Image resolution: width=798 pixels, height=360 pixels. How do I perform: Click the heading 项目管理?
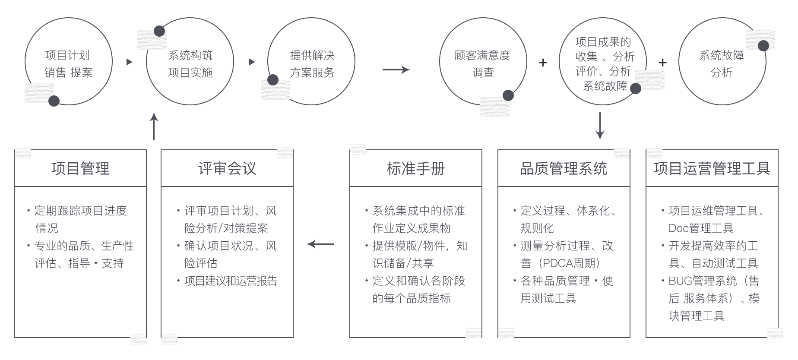(80, 168)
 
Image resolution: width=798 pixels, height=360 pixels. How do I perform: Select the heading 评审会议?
(227, 168)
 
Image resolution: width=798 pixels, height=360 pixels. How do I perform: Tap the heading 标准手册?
(415, 168)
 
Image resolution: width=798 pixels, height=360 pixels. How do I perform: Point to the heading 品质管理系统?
(564, 168)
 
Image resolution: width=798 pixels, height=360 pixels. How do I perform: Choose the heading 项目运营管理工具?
(712, 168)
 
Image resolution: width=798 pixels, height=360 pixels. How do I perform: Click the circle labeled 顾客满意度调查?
(482, 63)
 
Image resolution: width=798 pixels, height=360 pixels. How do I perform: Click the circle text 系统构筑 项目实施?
(190, 63)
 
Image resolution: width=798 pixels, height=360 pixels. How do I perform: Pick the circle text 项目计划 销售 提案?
(68, 63)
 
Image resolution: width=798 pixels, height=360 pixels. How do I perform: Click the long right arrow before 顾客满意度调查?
(396, 69)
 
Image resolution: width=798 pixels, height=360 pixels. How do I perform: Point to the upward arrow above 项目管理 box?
(154, 126)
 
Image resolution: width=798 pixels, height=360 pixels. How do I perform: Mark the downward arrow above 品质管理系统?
(599, 126)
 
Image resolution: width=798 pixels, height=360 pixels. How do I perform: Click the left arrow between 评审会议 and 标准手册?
(320, 244)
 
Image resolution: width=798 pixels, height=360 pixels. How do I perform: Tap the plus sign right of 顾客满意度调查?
(543, 63)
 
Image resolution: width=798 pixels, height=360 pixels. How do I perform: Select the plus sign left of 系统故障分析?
(662, 63)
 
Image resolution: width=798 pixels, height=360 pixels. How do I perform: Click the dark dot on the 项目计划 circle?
(54, 101)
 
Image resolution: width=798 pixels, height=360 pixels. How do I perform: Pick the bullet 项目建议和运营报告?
(231, 281)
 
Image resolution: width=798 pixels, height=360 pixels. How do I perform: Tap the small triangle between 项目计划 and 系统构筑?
(129, 62)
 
